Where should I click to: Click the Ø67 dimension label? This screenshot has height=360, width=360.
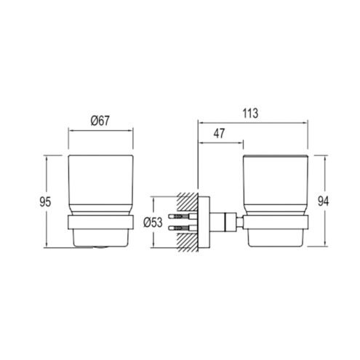click(100, 121)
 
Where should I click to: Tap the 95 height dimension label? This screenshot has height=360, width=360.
click(45, 202)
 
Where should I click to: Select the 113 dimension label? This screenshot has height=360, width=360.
click(250, 113)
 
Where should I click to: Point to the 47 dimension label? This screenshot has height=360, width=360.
click(219, 133)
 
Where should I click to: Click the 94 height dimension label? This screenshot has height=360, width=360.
click(323, 201)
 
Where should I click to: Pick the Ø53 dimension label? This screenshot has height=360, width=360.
click(153, 223)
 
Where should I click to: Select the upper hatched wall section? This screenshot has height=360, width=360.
click(188, 201)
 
